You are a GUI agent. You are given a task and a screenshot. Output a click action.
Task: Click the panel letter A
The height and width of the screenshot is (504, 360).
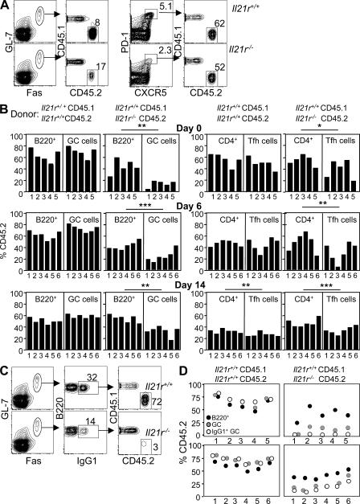coord(6,6)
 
